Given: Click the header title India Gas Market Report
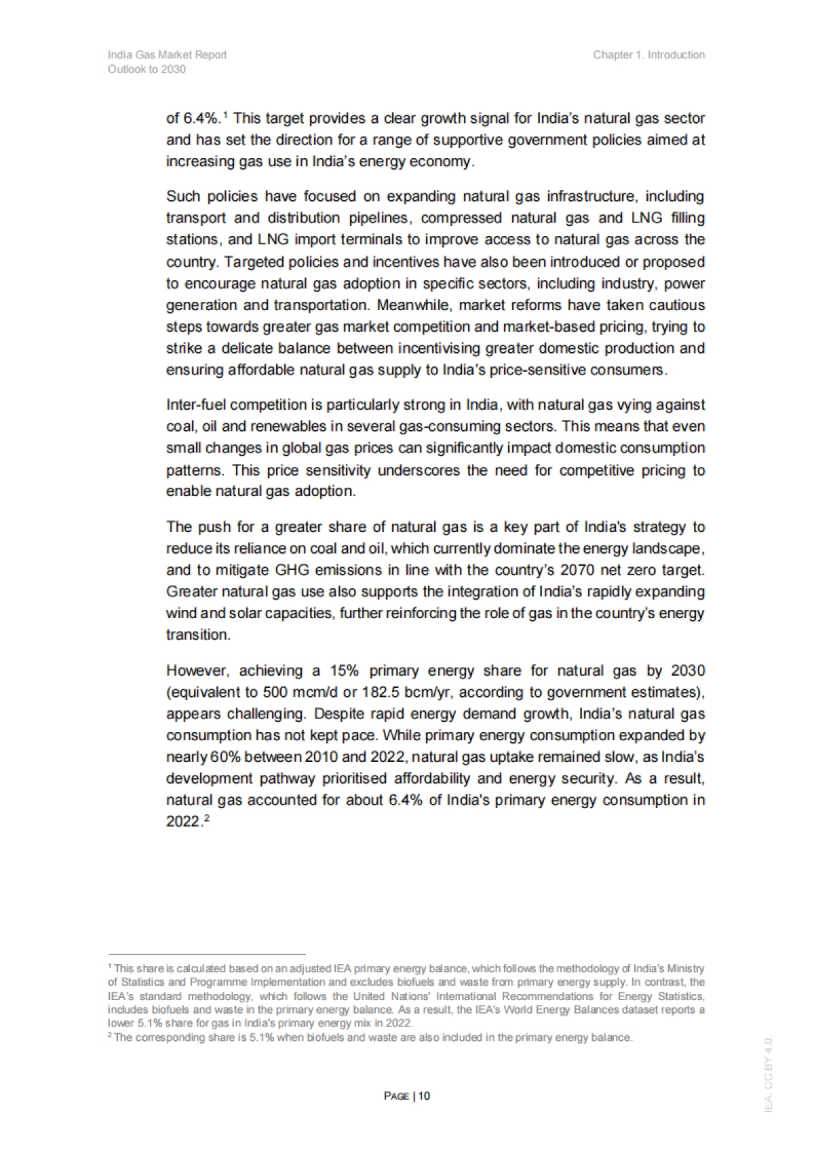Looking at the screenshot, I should [167, 55].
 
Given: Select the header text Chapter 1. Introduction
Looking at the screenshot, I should [648, 55].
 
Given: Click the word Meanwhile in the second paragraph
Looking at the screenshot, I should [414, 305].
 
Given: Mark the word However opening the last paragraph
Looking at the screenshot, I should [197, 670].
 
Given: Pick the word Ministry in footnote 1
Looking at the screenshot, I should [688, 968].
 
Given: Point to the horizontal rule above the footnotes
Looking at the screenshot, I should [207, 953].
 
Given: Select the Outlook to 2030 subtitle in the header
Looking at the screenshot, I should [147, 69].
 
